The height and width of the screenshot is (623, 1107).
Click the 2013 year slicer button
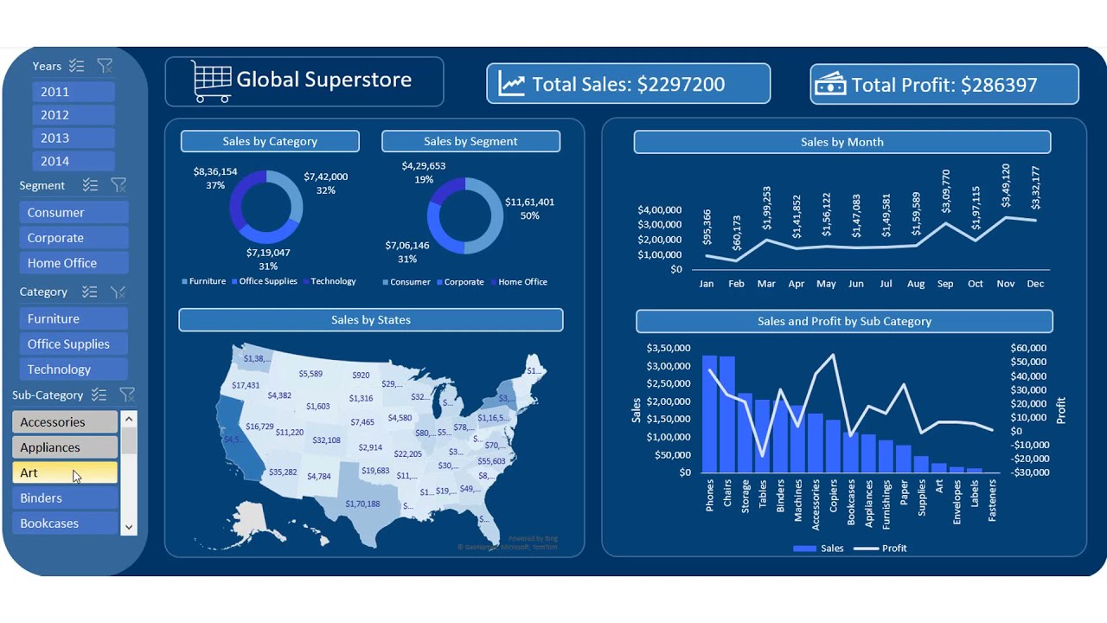click(x=73, y=138)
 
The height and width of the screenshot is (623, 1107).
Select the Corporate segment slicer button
click(x=74, y=238)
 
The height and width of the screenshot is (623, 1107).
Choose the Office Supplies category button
click(x=74, y=344)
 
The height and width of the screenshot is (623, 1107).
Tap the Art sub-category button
click(x=64, y=472)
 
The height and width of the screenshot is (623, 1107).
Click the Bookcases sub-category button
click(x=64, y=523)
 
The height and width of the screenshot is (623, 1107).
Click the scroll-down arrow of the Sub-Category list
click(x=129, y=526)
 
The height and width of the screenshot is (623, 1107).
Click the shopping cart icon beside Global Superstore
click(x=211, y=81)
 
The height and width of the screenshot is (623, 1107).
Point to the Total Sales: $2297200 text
click(x=628, y=84)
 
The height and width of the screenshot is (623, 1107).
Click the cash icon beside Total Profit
click(x=831, y=84)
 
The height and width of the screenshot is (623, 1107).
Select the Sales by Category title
click(x=270, y=141)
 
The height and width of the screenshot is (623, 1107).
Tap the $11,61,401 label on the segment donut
click(x=529, y=202)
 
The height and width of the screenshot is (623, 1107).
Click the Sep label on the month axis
click(x=945, y=284)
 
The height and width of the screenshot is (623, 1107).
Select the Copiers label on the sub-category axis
click(x=833, y=498)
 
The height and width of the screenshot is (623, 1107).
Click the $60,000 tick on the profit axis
click(x=1028, y=348)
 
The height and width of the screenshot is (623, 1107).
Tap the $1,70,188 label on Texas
click(x=362, y=504)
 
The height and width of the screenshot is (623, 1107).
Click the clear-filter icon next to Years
click(x=105, y=66)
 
